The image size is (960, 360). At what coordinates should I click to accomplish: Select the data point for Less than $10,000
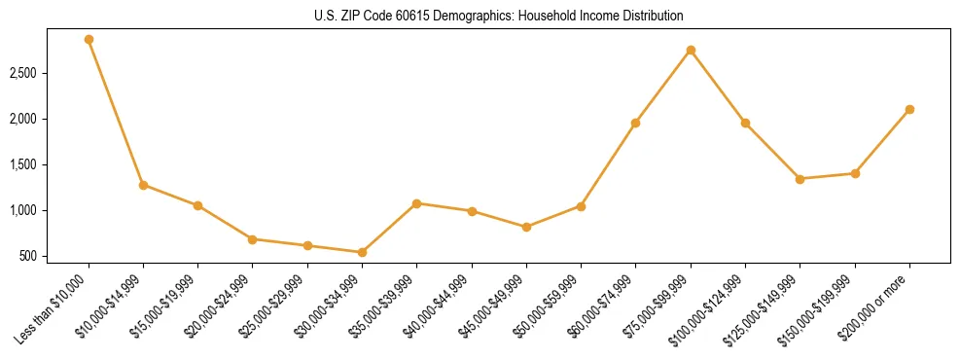coord(89,40)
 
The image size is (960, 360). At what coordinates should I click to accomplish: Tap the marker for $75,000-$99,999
coord(691,50)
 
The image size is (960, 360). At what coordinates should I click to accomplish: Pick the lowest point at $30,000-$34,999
coord(362,252)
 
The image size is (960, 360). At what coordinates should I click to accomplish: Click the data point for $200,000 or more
coord(909,109)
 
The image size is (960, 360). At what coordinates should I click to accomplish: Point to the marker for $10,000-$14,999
coord(143,185)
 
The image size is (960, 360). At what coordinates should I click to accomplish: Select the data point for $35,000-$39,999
coord(416,203)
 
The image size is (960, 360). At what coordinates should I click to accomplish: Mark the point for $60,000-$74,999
coord(635,123)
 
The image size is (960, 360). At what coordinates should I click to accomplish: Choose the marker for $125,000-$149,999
coord(800,179)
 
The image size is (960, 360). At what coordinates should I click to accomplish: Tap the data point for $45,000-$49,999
coord(526,227)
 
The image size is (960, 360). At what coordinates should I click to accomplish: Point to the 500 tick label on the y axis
coord(29,256)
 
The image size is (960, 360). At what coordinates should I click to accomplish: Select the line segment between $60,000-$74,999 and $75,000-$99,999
coord(663,86)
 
